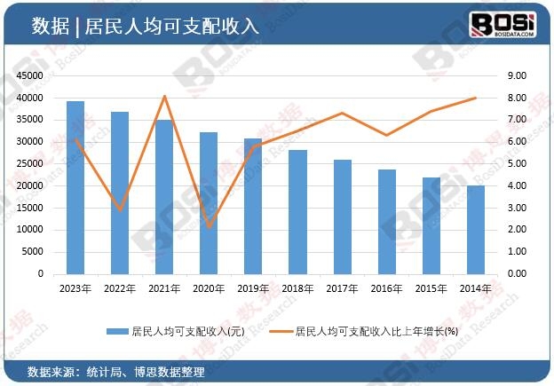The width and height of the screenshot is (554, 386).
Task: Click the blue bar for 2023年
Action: [x=75, y=188]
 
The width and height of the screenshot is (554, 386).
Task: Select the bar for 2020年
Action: [x=210, y=203]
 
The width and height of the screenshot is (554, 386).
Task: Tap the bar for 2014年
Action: [x=476, y=230]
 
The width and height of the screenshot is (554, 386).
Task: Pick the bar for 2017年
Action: [x=343, y=217]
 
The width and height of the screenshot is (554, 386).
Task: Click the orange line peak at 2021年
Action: [x=165, y=96]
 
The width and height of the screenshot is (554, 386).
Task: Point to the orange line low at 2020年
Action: [x=210, y=227]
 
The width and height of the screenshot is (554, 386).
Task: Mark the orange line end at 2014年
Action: [x=476, y=98]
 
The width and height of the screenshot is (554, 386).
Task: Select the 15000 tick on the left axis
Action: [x=29, y=208]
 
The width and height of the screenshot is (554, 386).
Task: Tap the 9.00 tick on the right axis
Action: [x=518, y=75]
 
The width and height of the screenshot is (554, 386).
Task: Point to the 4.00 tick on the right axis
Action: [x=518, y=185]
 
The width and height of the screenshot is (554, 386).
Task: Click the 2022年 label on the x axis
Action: [x=120, y=288]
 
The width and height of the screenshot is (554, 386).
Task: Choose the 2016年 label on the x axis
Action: [x=387, y=288]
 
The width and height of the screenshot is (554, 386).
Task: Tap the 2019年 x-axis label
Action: [x=254, y=288]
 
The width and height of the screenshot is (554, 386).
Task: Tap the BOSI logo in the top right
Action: [x=502, y=23]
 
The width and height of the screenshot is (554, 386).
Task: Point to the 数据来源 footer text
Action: [x=50, y=371]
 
